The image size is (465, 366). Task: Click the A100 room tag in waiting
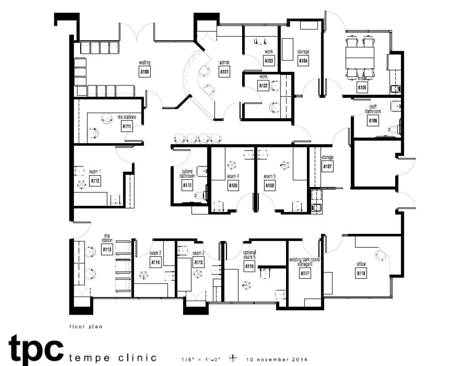tap(144, 72)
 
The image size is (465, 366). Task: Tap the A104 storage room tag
tap(303, 61)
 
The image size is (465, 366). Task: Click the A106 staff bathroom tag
tap(373, 121)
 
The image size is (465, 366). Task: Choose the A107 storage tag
tap(327, 167)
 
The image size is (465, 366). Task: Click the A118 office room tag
tap(361, 274)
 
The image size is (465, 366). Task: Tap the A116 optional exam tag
tap(249, 266)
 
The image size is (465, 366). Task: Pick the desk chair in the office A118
tap(381, 256)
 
